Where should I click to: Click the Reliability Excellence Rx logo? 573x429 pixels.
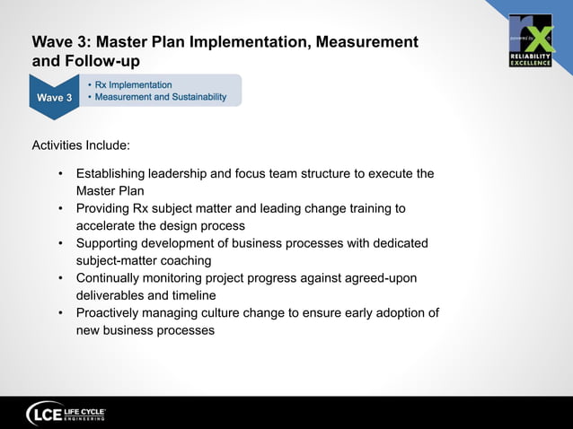pos(530,40)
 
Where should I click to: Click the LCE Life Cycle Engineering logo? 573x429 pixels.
pos(67,413)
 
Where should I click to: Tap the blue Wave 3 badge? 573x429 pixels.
pos(55,96)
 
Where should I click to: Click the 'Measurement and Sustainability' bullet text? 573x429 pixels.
pos(161,97)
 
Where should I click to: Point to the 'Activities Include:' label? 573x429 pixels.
pos(81,144)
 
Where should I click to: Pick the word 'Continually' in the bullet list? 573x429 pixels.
pos(110,278)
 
